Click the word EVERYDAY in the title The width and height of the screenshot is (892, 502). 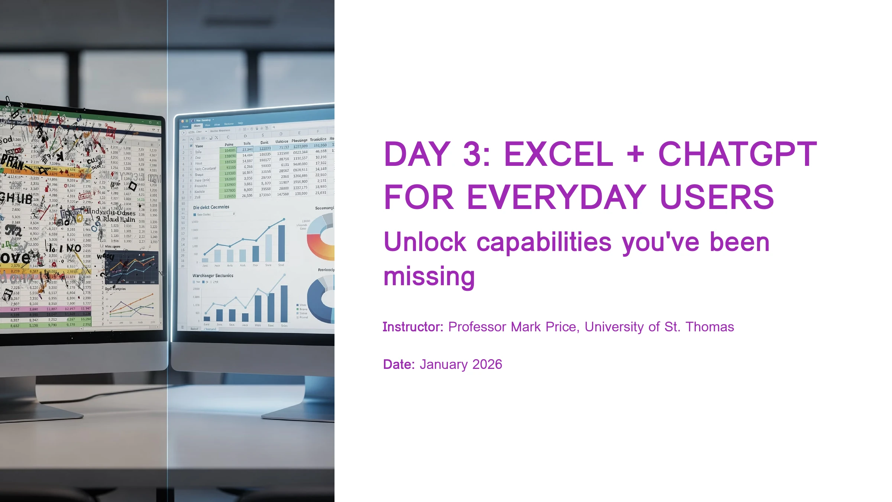point(556,197)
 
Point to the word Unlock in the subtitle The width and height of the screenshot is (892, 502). point(424,242)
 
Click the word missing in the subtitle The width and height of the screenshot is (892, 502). point(429,277)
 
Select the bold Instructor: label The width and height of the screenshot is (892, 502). point(413,327)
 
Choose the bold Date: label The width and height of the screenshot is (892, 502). point(398,364)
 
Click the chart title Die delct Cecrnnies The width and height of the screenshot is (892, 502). point(211,207)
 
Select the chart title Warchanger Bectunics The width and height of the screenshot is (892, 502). point(213,276)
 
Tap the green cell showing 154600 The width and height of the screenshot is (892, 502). point(230,151)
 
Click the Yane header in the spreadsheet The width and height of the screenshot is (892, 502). point(199,146)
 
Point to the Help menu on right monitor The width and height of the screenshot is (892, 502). point(240,123)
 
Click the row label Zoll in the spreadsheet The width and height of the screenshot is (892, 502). point(197,197)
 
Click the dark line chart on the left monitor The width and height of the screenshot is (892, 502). point(132,268)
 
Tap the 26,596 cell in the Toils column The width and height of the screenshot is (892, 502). point(247,196)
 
